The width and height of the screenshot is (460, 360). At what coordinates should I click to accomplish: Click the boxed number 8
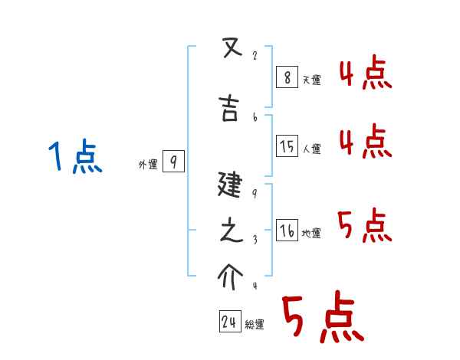point(286,77)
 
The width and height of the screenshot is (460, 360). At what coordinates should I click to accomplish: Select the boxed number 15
point(286,146)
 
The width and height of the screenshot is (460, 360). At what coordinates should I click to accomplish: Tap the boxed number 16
point(286,231)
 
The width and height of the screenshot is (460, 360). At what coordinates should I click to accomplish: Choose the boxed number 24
point(228,322)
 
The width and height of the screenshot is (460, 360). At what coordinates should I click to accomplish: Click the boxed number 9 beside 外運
point(173,162)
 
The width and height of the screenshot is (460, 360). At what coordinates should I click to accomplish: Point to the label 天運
point(310,80)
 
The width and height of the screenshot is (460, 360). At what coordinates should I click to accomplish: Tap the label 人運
point(311,149)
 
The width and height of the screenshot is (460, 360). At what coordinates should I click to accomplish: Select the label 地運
point(311,234)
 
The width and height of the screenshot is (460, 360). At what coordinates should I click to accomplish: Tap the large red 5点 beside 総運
point(322,318)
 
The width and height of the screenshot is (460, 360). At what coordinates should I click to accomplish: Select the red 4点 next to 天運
point(366,75)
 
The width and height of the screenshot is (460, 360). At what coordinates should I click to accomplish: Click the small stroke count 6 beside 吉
point(255,117)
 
